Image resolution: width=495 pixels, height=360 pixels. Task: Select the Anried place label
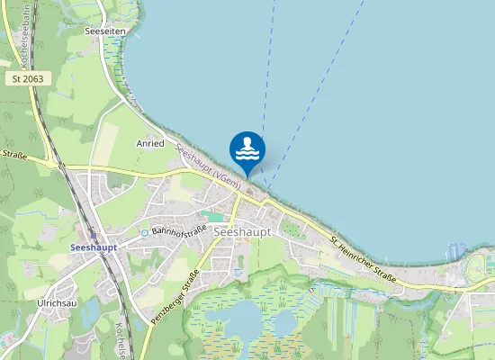150,143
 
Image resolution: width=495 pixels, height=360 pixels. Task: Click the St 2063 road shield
28,79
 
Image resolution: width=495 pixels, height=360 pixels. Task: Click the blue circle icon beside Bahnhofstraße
143,233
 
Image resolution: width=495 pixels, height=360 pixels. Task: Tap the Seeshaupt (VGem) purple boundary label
207,167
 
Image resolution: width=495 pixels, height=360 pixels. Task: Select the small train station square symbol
92,233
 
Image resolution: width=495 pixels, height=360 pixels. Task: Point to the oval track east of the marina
479,267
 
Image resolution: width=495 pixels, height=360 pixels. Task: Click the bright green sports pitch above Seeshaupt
213,216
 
